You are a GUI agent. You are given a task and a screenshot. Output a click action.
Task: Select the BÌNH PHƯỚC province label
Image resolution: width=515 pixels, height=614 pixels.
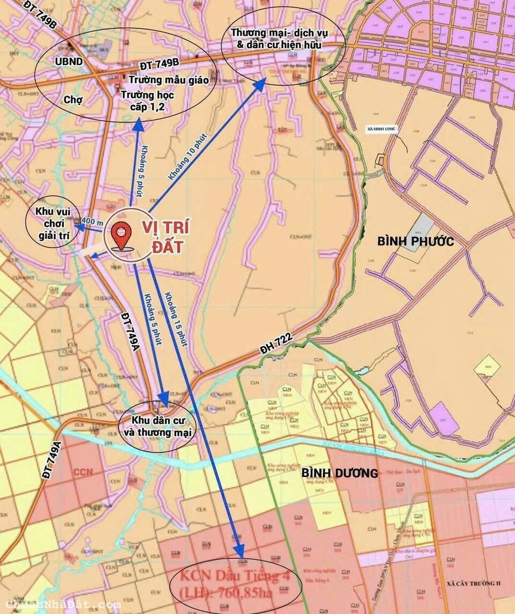415,242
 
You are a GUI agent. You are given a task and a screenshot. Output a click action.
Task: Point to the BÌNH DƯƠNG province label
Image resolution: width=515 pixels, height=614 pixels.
340,473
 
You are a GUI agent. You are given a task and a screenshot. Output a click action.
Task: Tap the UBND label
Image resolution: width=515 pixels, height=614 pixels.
69,62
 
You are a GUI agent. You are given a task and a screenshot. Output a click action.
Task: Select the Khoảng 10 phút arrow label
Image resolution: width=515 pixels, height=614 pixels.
187,160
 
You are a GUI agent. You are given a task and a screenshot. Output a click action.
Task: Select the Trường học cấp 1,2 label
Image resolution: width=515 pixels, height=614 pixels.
147,101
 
